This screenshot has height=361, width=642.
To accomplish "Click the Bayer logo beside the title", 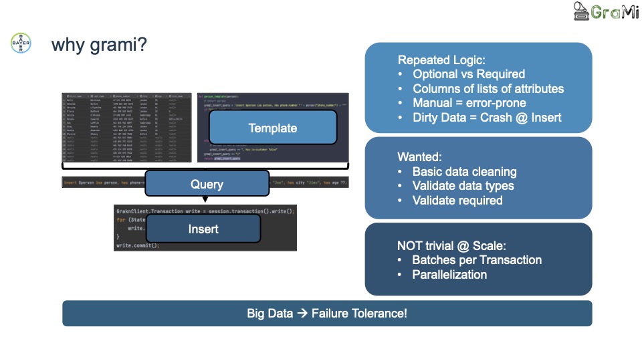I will pos(21,43).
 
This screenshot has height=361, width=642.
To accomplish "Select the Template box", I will pos(272,127).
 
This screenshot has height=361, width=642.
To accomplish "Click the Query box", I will pos(207,183).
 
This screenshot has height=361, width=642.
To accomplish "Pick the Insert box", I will pos(203,229).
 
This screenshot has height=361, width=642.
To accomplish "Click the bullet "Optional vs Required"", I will pos(468,74).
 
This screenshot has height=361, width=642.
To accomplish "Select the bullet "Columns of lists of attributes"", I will pos(488,89).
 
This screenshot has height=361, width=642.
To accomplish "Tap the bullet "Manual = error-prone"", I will pos(469,103).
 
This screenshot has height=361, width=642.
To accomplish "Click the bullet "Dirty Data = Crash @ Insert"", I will pos(487,118).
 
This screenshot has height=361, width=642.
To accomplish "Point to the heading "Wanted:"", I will pos(420,157).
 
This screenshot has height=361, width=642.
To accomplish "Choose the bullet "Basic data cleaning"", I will pos(464,172).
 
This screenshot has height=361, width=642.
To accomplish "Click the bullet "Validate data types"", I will pos(463,186).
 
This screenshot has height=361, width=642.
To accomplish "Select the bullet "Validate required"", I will pos(457,201).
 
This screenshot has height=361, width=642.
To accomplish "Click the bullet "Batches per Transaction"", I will pos(477,260).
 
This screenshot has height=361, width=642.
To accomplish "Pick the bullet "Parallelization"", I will pos(449,275).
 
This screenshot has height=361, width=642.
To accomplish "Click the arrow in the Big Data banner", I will pos(302,313).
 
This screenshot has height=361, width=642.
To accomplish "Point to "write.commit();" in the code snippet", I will pos(138,245).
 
